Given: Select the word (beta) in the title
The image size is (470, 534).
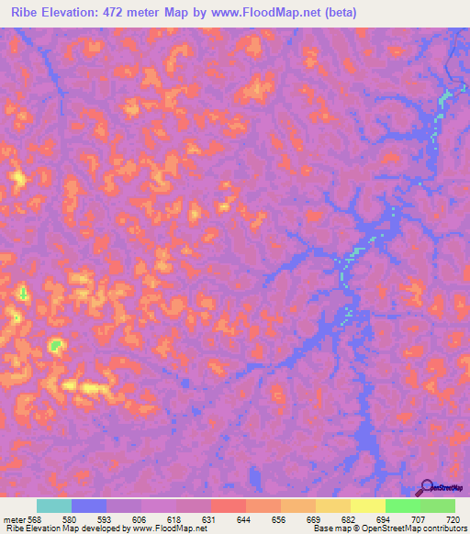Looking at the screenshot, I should tap(338, 13).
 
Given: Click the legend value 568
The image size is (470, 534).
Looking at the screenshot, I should tap(33, 519).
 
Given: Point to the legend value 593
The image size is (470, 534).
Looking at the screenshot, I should tap(104, 519).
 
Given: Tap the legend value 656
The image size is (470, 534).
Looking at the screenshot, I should tap(280, 519).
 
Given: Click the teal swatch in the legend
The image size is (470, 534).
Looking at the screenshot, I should tap(54, 506).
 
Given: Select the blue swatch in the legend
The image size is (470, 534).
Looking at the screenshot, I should tap(89, 506).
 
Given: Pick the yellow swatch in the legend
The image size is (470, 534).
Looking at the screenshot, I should tap(368, 506).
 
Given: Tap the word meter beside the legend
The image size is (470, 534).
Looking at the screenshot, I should tap(13, 519).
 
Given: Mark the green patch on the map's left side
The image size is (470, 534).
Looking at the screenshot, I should tap(56, 345).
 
